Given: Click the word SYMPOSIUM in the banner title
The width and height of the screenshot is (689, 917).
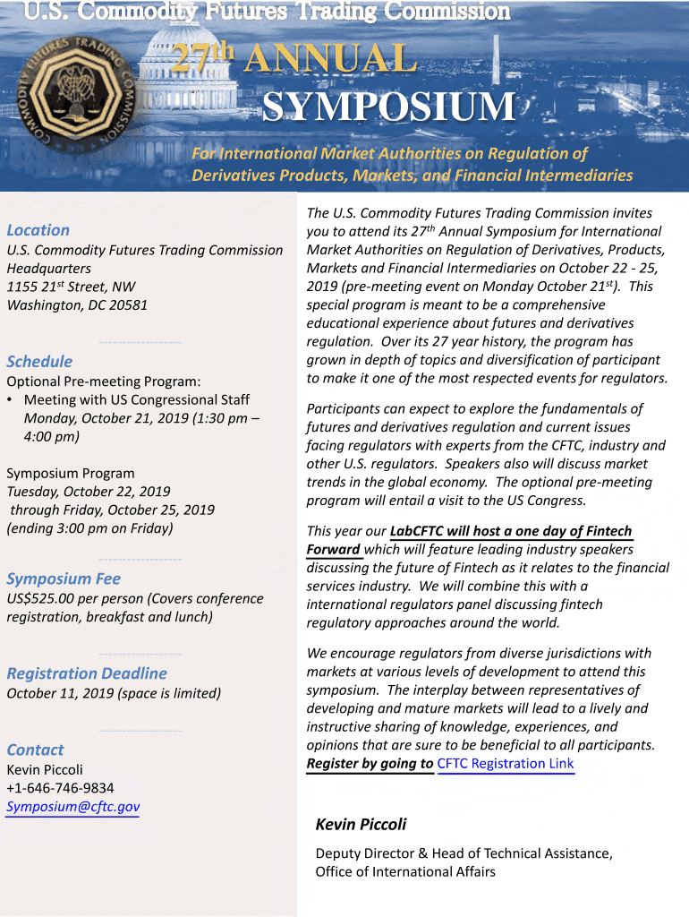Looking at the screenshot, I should [x=388, y=107].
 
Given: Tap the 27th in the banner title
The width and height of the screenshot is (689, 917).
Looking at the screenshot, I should [x=202, y=59].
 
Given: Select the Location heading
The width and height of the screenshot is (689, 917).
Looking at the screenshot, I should [x=38, y=230].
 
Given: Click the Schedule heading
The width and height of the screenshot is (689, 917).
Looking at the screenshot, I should [x=39, y=362].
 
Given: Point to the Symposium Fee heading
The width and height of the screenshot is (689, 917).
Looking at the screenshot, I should [x=64, y=578].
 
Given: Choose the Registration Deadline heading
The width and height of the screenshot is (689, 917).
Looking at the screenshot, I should [x=87, y=673].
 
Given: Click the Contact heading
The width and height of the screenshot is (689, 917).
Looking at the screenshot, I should [x=36, y=750].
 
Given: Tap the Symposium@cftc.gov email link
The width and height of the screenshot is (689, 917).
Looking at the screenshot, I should [x=73, y=807].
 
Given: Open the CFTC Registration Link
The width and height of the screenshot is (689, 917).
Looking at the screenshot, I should [x=505, y=764].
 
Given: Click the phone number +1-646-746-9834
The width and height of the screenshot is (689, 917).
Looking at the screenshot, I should [x=60, y=788].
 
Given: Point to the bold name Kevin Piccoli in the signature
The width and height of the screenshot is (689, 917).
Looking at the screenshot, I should [x=361, y=824].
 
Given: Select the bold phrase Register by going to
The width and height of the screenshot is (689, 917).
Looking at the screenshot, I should [x=370, y=764].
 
